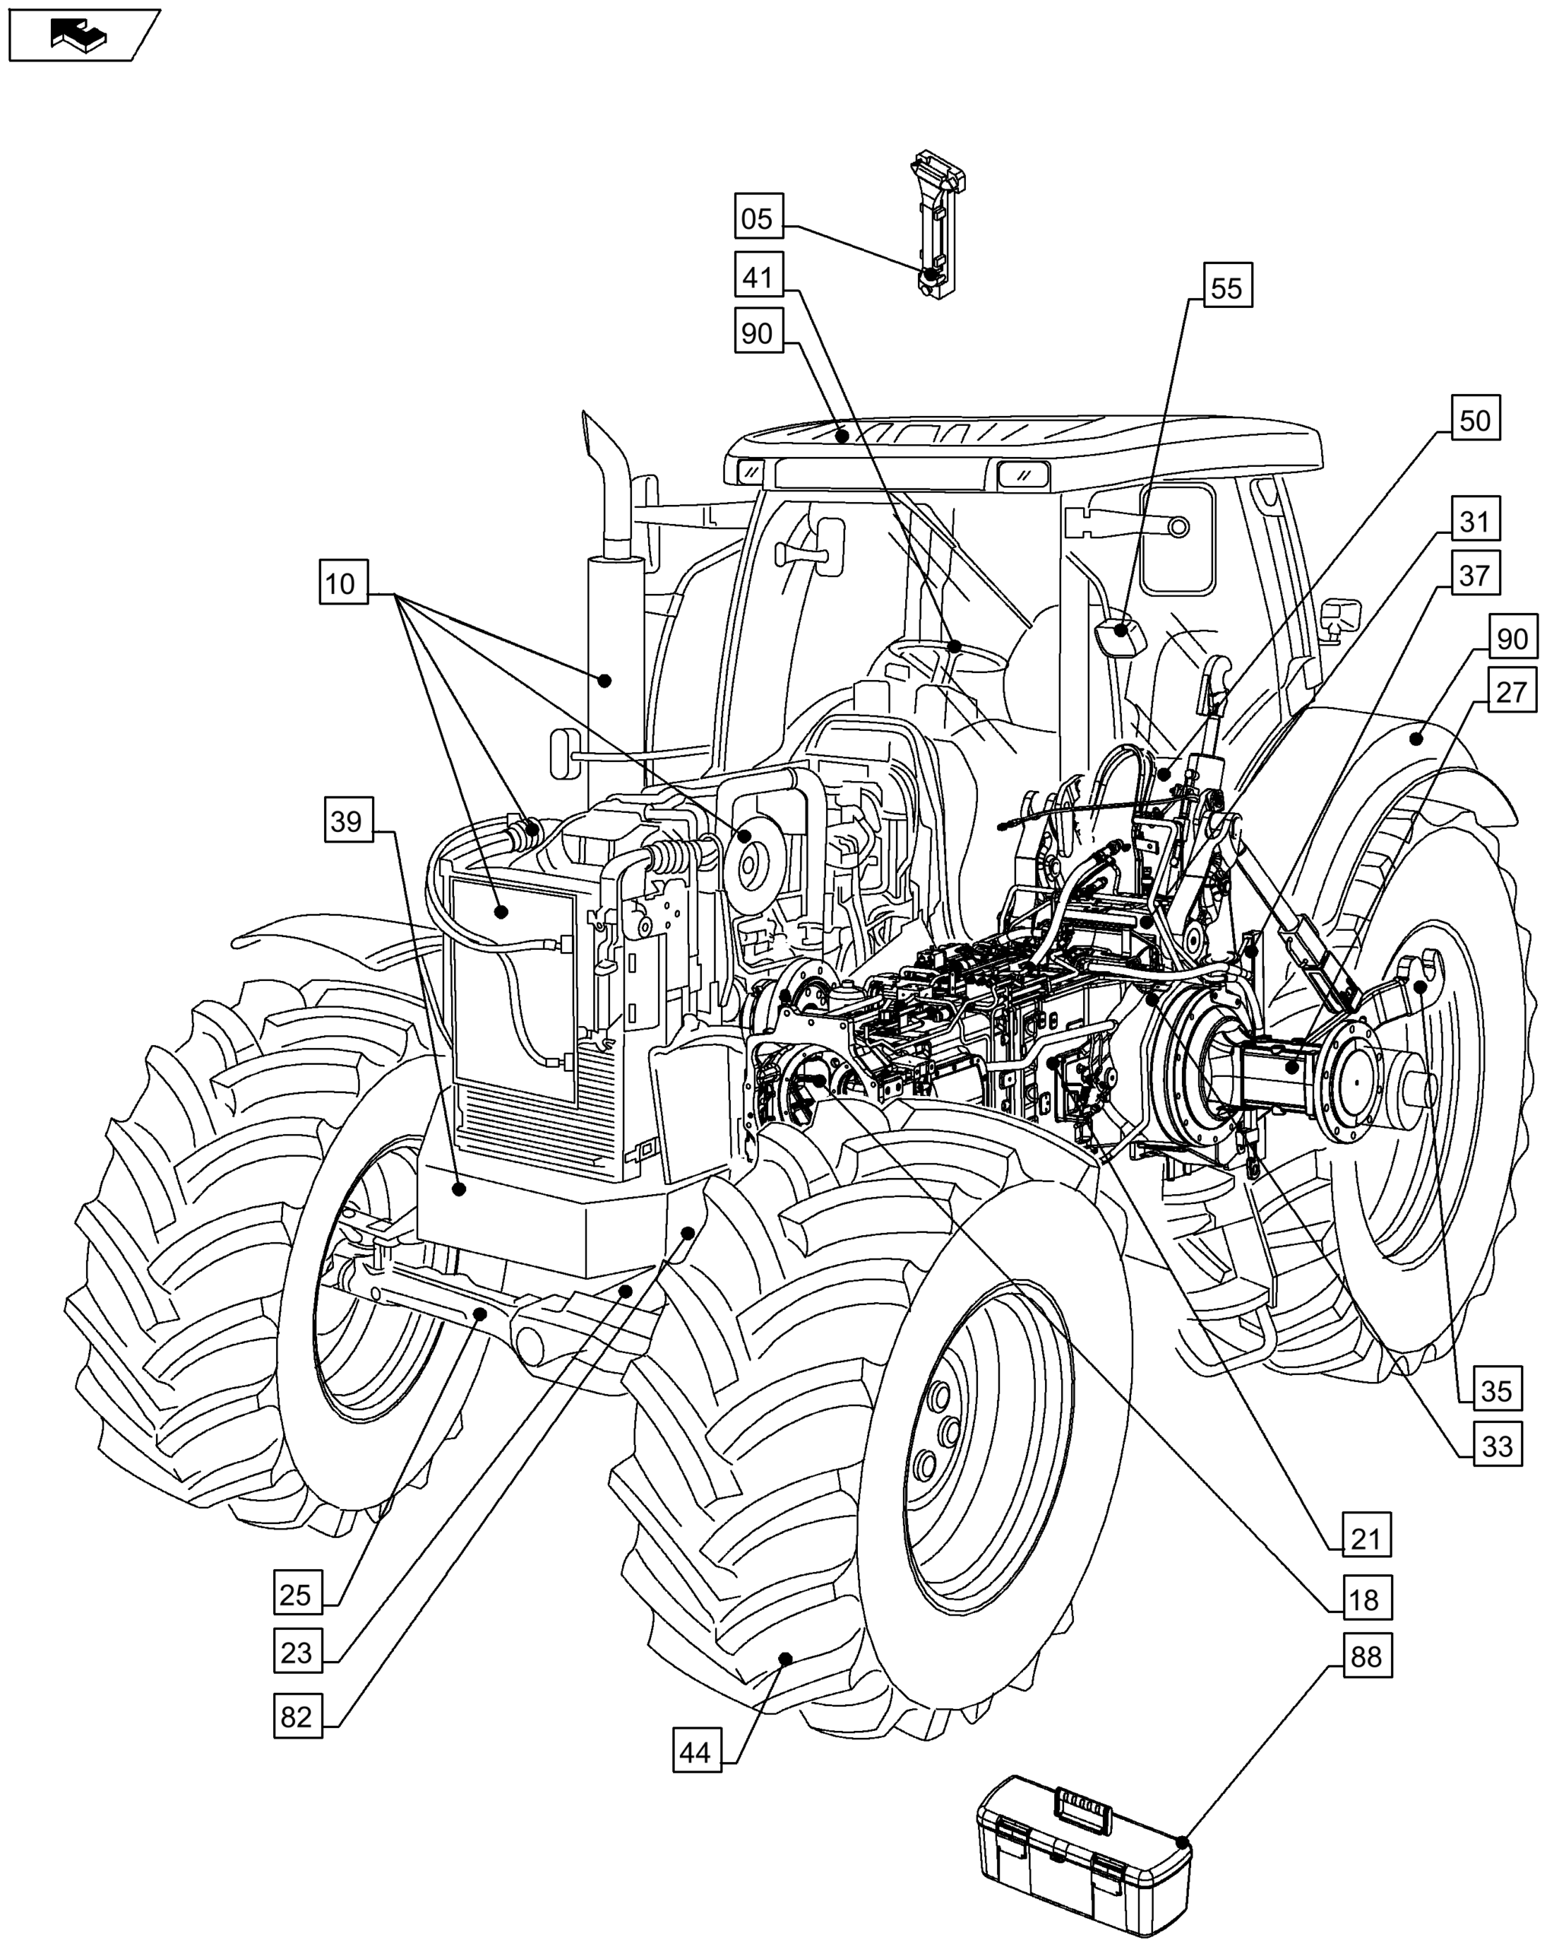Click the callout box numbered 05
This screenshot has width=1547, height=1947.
757,218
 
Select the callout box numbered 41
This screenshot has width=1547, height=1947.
757,276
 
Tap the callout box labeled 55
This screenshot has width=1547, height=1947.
1225,288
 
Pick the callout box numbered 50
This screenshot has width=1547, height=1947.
1474,420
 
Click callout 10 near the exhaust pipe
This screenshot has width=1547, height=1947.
342,583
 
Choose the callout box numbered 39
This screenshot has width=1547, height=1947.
347,821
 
